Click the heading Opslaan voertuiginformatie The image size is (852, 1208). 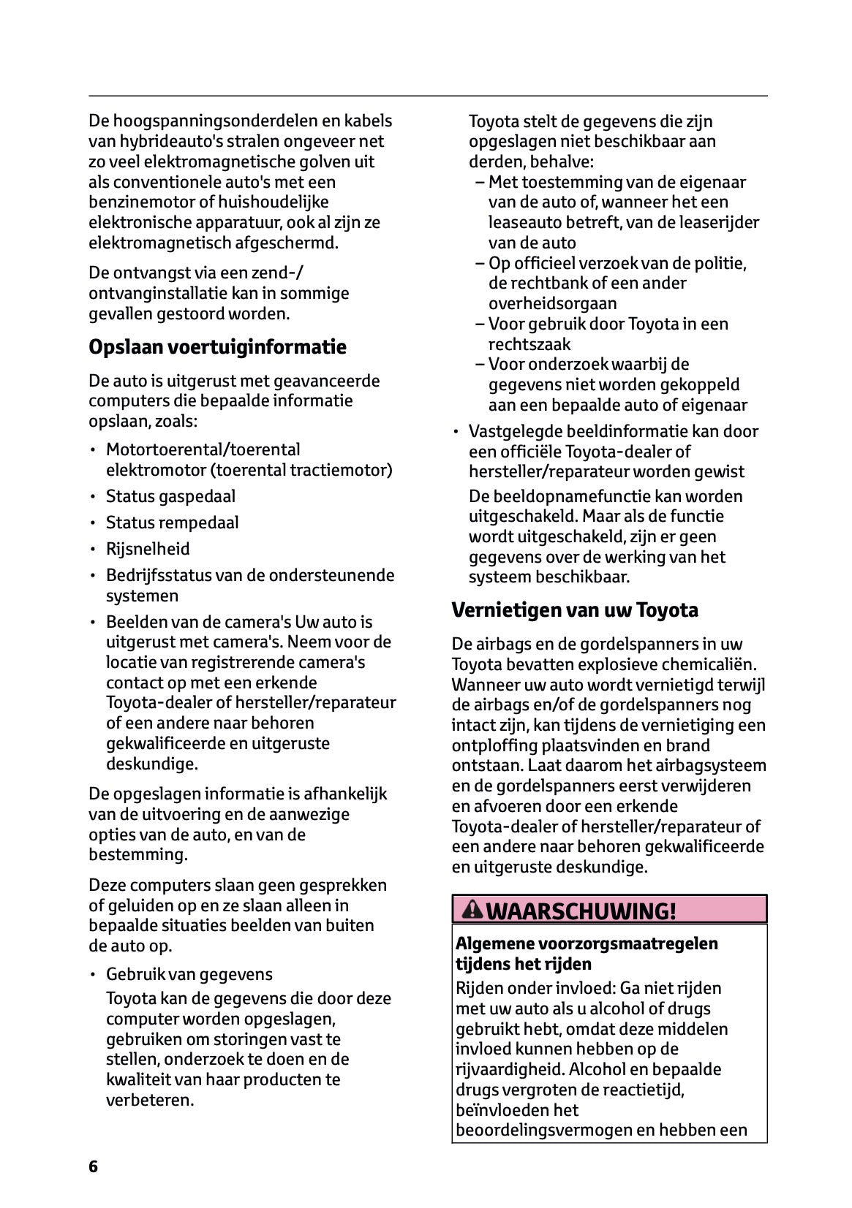(x=217, y=346)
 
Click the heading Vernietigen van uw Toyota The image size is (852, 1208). (x=575, y=609)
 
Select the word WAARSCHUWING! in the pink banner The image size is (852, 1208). (x=581, y=911)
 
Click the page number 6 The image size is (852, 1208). (x=93, y=1166)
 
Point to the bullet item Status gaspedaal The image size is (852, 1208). (x=170, y=496)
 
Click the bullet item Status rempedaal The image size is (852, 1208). (x=172, y=523)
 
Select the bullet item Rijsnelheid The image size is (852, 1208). (x=148, y=549)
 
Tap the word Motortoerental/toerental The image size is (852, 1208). (x=203, y=449)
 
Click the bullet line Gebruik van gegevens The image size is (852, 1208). (x=189, y=974)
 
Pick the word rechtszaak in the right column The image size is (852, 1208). (x=529, y=344)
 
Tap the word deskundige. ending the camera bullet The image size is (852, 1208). (x=152, y=764)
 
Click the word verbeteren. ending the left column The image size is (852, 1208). (x=150, y=1100)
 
